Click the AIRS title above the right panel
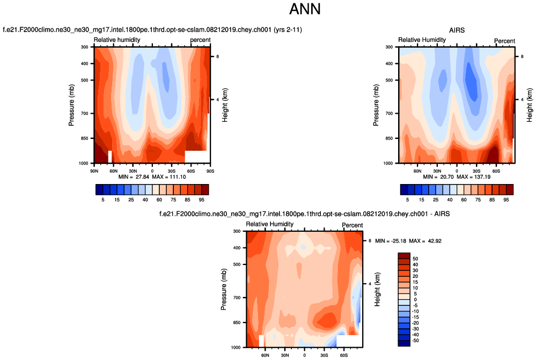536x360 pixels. [x=457, y=30]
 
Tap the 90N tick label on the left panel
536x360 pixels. [x=94, y=171]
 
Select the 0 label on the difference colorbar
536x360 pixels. [x=414, y=299]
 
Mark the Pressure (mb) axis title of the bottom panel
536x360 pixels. [x=224, y=289]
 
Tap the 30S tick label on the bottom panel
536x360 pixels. [x=324, y=355]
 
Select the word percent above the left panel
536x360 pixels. [x=200, y=40]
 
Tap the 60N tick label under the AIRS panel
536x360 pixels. [x=417, y=171]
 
